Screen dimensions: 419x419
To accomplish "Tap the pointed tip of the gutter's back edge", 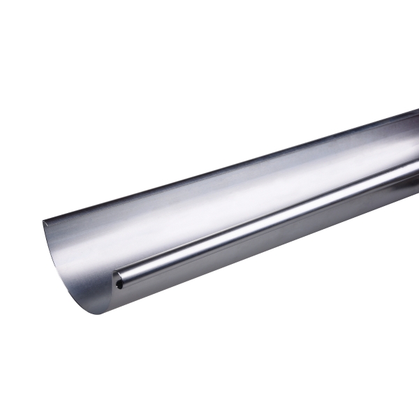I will point(43,222).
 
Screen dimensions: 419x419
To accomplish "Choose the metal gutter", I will point(230,209).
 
